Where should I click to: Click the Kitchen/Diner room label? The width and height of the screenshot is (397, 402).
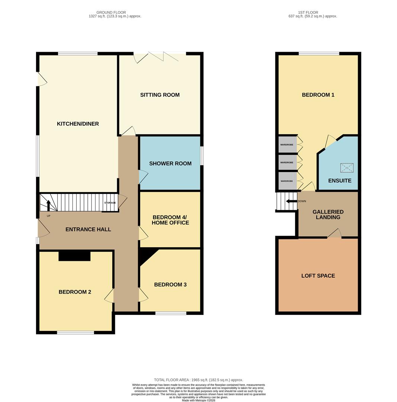[78, 124]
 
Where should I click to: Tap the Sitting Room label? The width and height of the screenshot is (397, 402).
[160, 95]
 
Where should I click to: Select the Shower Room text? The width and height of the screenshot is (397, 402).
[170, 163]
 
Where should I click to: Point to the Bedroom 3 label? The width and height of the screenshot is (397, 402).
[170, 285]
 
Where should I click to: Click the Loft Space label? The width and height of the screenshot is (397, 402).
[318, 276]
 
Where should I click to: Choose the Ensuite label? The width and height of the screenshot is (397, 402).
[340, 181]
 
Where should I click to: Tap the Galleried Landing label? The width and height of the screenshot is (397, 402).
[328, 215]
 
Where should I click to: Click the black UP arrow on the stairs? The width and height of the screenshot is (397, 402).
[48, 205]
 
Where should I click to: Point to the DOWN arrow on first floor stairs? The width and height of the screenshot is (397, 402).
[291, 201]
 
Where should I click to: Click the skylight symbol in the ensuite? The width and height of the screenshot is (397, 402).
[347, 168]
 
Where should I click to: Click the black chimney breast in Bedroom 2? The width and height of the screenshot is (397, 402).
[74, 256]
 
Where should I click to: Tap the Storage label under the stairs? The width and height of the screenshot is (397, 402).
[110, 203]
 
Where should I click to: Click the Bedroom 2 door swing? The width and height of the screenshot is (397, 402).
[109, 296]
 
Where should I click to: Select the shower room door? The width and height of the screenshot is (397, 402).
[143, 177]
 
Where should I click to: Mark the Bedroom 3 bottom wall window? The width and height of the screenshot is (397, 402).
[171, 313]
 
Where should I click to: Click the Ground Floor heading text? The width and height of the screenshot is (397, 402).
[111, 12]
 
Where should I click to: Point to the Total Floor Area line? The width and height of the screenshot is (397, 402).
[198, 380]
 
